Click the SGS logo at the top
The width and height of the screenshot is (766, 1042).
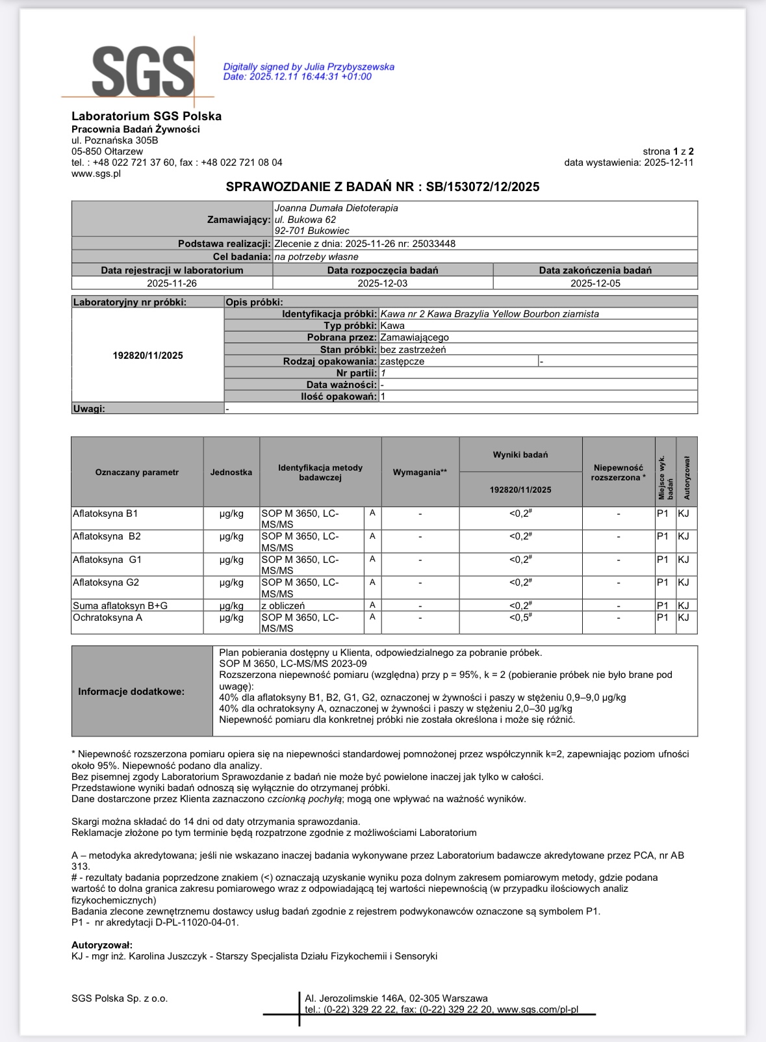pyautogui.click(x=143, y=72)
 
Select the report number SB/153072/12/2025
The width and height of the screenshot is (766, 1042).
pyautogui.click(x=483, y=187)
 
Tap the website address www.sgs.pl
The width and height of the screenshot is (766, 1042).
pyautogui.click(x=96, y=174)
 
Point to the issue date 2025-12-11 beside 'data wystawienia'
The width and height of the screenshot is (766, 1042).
pyautogui.click(x=669, y=163)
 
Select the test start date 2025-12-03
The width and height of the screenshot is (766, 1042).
pyautogui.click(x=383, y=283)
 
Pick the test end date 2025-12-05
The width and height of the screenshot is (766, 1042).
pyautogui.click(x=595, y=283)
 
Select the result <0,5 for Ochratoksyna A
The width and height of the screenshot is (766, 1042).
pyautogui.click(x=520, y=618)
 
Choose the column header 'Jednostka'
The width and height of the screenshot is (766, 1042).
pyautogui.click(x=231, y=473)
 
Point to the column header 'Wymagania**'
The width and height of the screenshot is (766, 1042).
pyautogui.click(x=420, y=473)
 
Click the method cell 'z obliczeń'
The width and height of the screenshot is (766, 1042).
pyautogui.click(x=283, y=606)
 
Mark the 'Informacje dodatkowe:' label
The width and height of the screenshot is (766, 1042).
pyautogui.click(x=131, y=692)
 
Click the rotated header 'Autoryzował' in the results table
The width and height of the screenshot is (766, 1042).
pyautogui.click(x=687, y=478)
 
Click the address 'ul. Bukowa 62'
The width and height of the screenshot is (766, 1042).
pyautogui.click(x=305, y=220)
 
